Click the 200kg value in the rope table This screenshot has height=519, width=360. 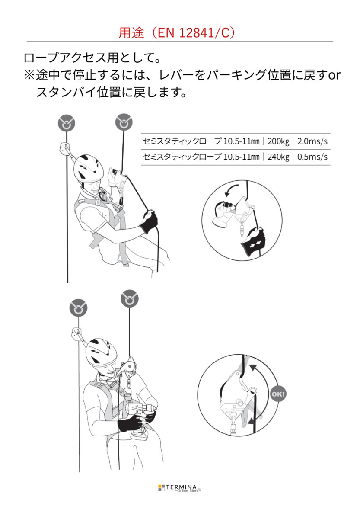pyautogui.click(x=278, y=141)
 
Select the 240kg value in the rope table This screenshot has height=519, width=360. pyautogui.click(x=278, y=157)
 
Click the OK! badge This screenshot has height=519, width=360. pyautogui.click(x=278, y=394)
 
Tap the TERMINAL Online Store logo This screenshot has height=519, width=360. pyautogui.click(x=179, y=488)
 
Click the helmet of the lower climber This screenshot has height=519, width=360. pyautogui.click(x=101, y=351)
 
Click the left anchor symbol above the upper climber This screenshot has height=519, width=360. pyautogui.click(x=67, y=123)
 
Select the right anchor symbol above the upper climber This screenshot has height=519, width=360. pyautogui.click(x=124, y=122)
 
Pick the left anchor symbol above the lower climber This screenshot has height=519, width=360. pyautogui.click(x=79, y=308)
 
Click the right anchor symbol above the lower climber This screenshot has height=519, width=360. pyautogui.click(x=129, y=298)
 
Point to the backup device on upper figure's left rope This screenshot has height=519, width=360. pyautogui.click(x=65, y=148)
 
